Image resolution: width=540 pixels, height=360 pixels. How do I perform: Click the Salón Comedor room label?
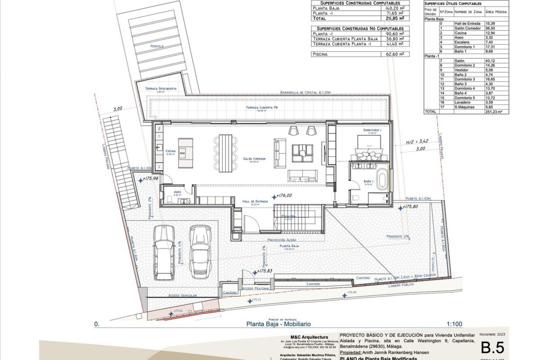tap(254, 159)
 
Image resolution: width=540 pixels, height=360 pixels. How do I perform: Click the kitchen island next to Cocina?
tap(186, 153)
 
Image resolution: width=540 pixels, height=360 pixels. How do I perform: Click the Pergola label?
tap(157, 46)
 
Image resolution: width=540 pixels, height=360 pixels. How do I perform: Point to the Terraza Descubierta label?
tap(161, 89)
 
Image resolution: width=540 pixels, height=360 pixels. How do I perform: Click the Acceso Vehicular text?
tap(183, 296)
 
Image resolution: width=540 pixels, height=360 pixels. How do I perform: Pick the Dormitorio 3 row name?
tap(464, 79)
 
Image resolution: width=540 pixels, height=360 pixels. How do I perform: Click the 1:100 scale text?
tap(454, 324)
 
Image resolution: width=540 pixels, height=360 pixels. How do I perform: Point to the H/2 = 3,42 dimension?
tap(417, 141)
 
